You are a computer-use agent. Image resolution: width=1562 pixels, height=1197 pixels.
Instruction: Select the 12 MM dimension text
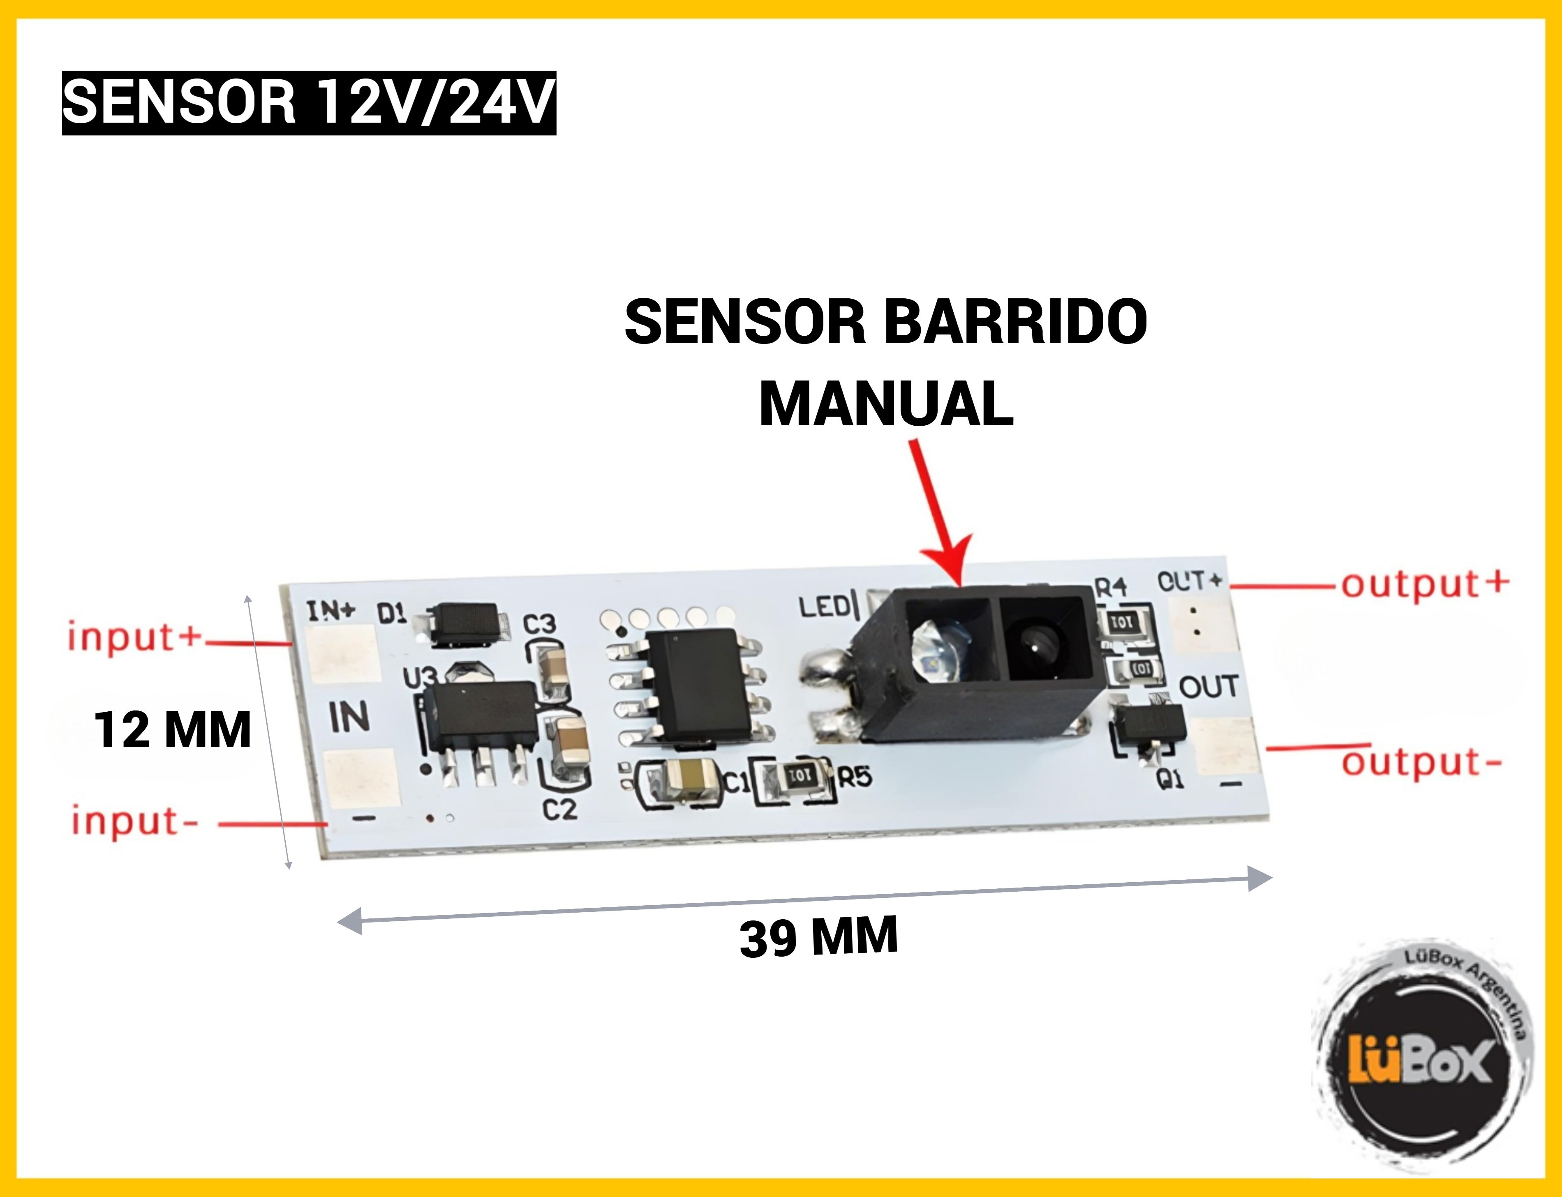tap(173, 730)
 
